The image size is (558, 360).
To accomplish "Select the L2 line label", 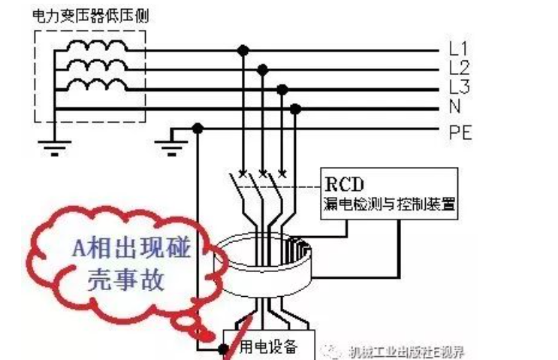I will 459,68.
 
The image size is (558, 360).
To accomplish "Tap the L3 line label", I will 459,86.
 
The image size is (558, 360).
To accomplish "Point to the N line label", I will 455,105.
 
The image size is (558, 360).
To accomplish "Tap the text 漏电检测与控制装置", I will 391,203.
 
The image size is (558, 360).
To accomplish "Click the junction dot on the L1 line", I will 242,51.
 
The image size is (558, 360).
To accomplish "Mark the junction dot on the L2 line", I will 262,70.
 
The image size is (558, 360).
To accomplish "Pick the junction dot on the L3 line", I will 282,89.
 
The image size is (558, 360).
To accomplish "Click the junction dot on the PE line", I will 198,129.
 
